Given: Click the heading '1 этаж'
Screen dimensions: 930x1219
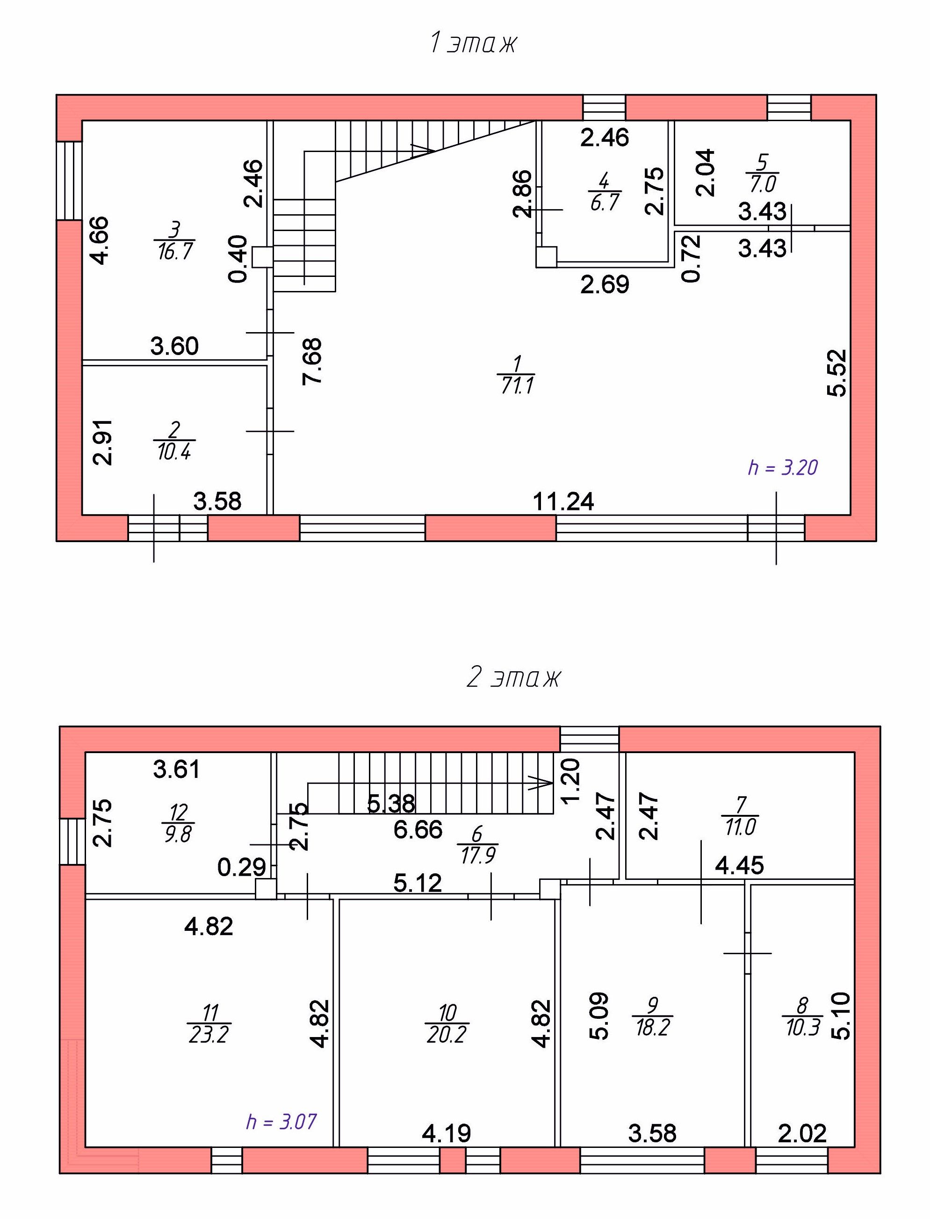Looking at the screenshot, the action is (x=473, y=43).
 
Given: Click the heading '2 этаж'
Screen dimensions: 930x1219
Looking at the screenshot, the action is (x=514, y=677).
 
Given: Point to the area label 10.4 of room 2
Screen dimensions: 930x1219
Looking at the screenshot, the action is (x=174, y=451).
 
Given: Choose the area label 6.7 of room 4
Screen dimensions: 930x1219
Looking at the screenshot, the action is (x=604, y=202).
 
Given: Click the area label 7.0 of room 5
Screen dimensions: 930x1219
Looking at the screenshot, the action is (x=763, y=184).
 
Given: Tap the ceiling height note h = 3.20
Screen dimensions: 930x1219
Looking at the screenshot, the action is (x=783, y=468).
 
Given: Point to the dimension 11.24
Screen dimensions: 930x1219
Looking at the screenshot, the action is (x=563, y=502).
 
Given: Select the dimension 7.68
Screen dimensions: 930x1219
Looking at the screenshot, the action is (x=313, y=361).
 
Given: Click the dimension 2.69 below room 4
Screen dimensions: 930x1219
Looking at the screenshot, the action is (x=605, y=285).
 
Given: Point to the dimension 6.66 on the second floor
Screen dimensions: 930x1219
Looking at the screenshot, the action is (x=418, y=830).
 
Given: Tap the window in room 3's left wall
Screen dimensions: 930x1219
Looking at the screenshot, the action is (x=70, y=181).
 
